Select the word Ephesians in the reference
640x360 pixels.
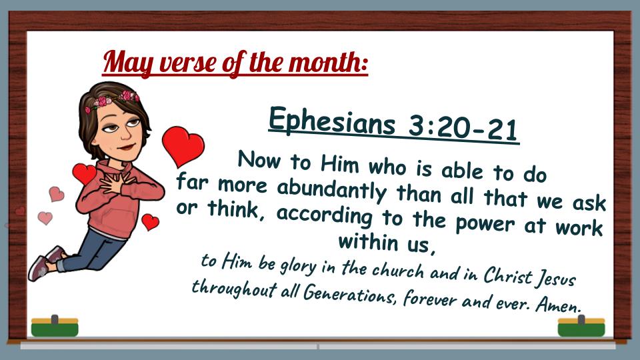pos(332,121)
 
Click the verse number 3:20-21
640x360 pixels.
pos(463,128)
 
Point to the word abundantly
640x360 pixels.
pos(331,190)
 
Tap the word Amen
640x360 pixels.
pos(558,305)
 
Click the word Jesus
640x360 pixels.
pos(555,279)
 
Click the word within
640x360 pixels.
pos(368,241)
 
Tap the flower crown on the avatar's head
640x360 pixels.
pos(112,101)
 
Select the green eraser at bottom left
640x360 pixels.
pos(55,326)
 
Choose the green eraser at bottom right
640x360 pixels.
pos(581,326)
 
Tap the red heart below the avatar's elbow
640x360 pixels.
pos(150,221)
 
